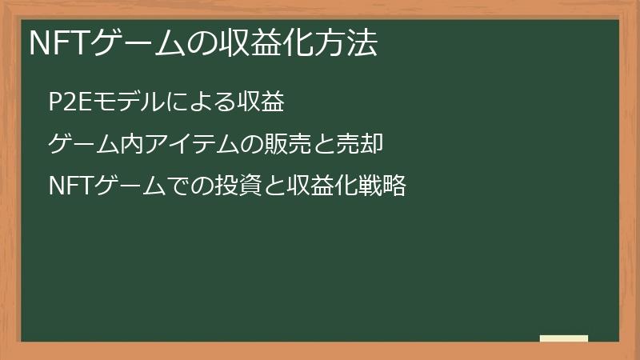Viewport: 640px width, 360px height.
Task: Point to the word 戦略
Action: (x=382, y=187)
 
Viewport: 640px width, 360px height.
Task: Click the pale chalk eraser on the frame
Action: (x=564, y=339)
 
